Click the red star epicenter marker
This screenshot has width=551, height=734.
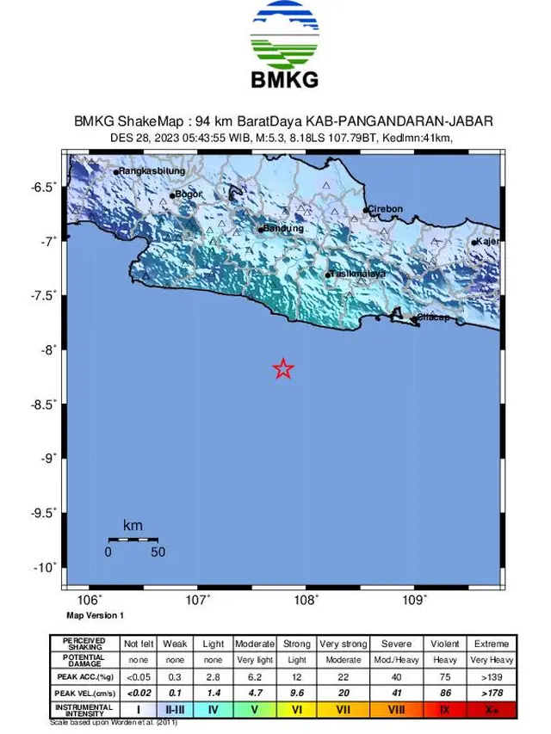point(283,369)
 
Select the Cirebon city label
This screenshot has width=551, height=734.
point(385,209)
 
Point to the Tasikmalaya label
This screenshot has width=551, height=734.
point(358,274)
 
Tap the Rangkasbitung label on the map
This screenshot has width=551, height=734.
point(152,171)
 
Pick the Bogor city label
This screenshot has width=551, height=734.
point(189,194)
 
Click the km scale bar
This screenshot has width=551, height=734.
point(133,540)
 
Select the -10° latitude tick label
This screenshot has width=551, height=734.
point(46,567)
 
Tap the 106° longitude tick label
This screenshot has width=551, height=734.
point(90,601)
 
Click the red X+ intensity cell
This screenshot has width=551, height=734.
point(490,711)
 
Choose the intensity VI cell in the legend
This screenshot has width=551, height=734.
point(296,711)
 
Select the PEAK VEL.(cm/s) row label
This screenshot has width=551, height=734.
point(84,694)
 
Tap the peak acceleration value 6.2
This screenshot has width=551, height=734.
point(254,676)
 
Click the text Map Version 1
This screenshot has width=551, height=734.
point(96,615)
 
